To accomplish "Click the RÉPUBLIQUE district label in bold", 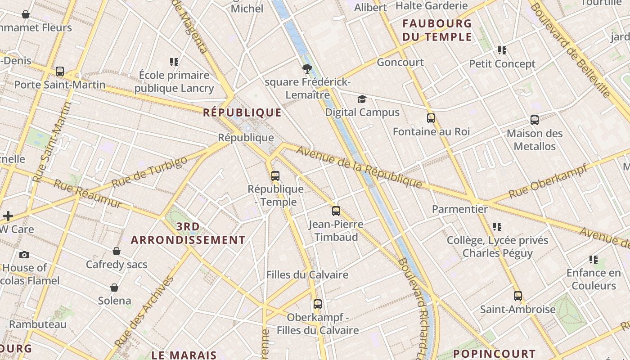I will click(x=242, y=112).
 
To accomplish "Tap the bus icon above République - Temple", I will click(x=275, y=175).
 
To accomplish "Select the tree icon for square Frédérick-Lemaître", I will click(x=307, y=69).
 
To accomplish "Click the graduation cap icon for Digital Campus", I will click(x=362, y=99).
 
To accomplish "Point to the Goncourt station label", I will click(x=400, y=62).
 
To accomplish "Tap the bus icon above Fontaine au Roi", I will click(x=431, y=118).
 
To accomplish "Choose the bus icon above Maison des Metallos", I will click(x=535, y=120).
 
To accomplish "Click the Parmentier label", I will click(x=459, y=209).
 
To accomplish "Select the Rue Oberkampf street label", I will click(x=548, y=181).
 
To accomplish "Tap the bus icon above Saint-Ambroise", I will click(x=518, y=296).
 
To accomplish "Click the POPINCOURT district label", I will click(x=494, y=354).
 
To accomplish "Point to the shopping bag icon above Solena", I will click(x=114, y=288).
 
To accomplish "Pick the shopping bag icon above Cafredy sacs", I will click(x=117, y=251).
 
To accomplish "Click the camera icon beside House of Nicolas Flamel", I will click(x=24, y=255).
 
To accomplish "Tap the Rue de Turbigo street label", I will click(x=149, y=172).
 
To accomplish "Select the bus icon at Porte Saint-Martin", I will click(x=60, y=72).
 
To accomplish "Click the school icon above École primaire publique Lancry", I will click(x=174, y=62).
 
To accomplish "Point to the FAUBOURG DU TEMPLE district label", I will click(x=437, y=30).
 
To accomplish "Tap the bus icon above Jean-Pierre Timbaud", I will click(x=336, y=211).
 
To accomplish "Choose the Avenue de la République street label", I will click(x=359, y=167).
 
